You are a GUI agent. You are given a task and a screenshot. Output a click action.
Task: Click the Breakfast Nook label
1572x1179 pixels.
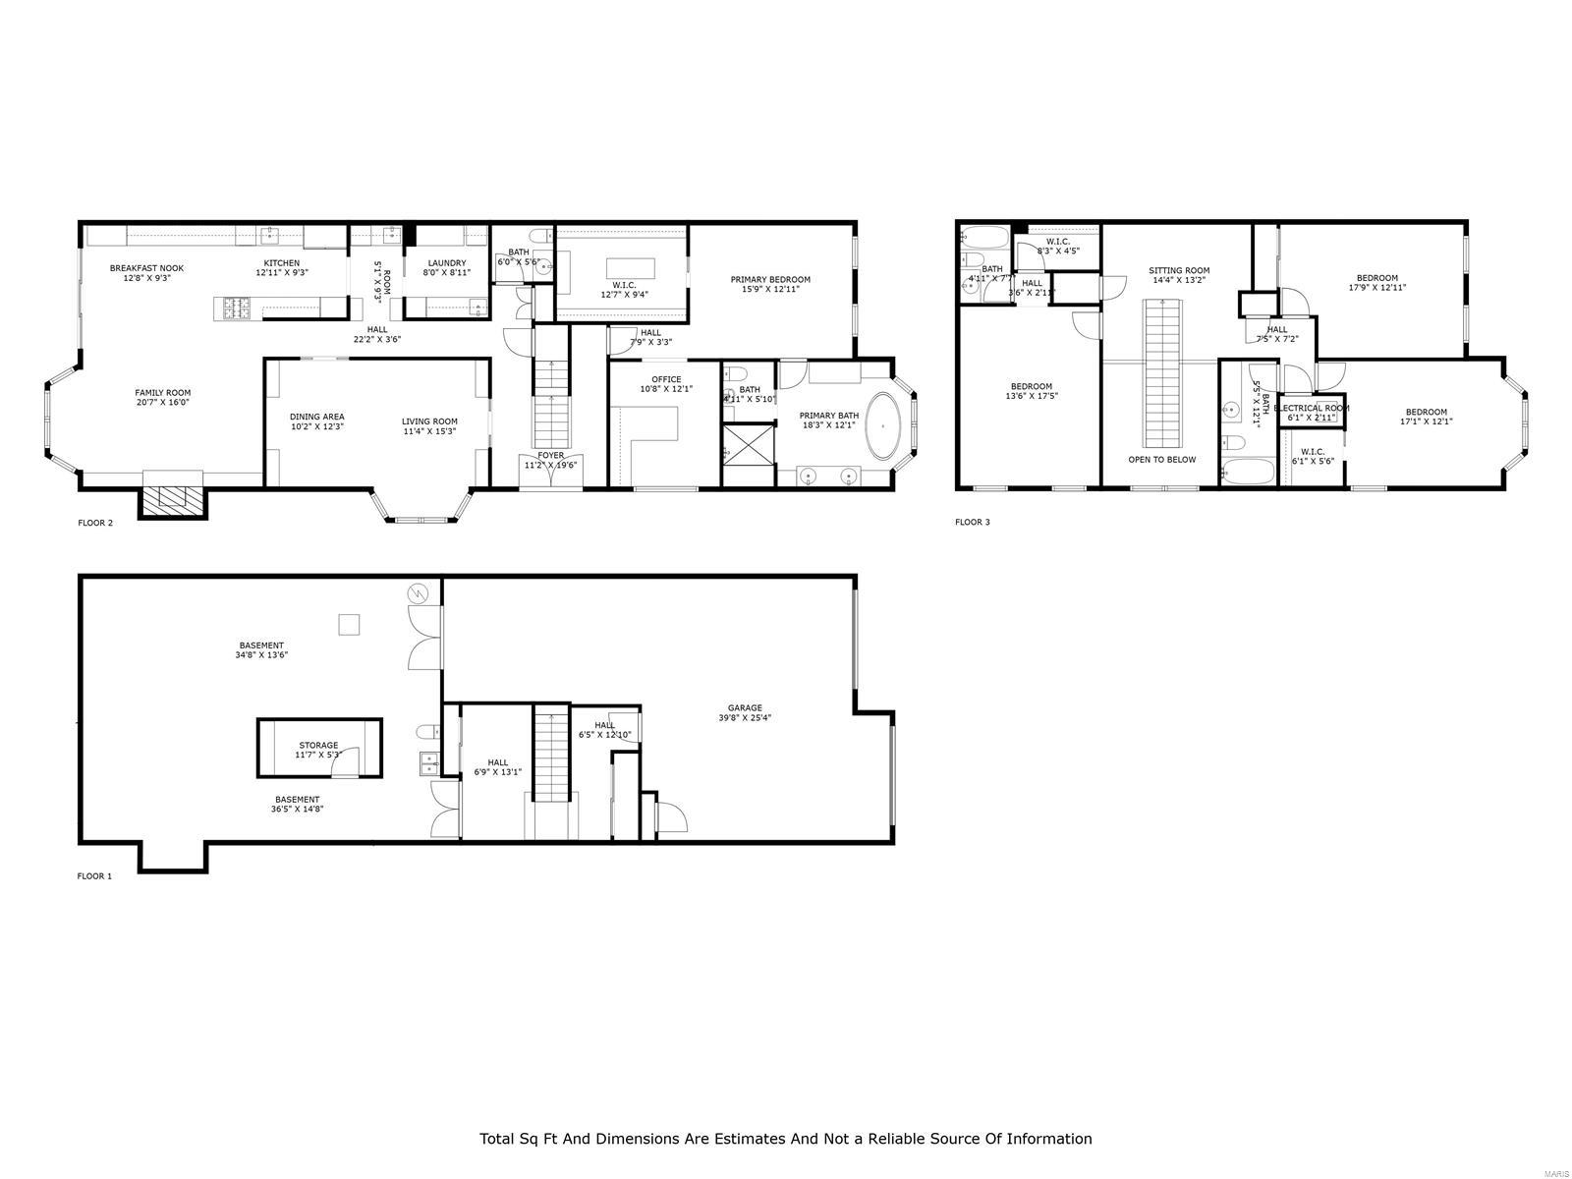coord(146,268)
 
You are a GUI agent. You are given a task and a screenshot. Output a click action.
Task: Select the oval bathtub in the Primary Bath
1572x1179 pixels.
coord(888,426)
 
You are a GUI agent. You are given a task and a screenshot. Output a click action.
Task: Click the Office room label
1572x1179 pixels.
coord(666,379)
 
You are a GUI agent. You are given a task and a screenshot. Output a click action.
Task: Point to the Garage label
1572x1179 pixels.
coord(745,707)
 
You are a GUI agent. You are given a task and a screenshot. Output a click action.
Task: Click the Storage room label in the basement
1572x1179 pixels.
coord(318,746)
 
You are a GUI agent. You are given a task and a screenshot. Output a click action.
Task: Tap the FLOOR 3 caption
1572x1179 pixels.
coord(972,522)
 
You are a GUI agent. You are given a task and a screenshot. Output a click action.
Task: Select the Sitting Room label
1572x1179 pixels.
coord(1179,270)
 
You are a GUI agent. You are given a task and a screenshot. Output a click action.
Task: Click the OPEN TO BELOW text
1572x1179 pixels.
coord(1161,459)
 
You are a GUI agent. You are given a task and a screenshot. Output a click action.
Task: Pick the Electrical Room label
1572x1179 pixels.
coord(1311,408)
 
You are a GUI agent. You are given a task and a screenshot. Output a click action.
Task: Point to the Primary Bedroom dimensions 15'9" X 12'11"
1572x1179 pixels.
coord(770,290)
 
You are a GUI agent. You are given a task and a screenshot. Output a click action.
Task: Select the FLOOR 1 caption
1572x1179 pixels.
coord(94,875)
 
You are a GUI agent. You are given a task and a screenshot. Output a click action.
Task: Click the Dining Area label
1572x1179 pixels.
coord(317,417)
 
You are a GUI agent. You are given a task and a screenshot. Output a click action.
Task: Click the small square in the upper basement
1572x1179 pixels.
coord(349,624)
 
